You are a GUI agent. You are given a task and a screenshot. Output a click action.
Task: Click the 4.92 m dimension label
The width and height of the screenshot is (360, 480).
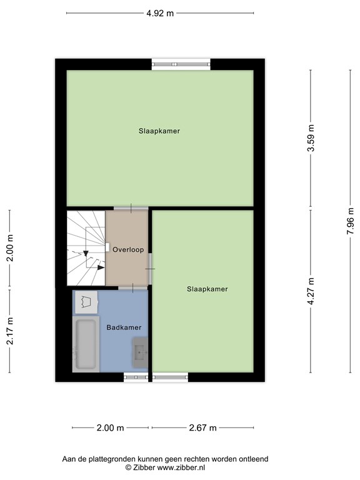click(x=160, y=13)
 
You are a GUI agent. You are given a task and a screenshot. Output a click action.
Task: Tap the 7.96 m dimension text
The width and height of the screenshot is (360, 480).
click(x=350, y=221)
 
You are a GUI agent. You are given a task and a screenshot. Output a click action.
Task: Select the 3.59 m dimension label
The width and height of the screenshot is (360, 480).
click(x=311, y=138)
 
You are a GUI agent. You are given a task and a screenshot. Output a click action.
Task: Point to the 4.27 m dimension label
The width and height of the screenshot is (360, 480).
click(x=311, y=291)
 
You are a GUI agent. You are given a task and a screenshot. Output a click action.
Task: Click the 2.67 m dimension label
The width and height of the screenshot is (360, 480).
click(x=202, y=427)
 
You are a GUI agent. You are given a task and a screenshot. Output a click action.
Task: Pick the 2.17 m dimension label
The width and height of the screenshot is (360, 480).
click(x=10, y=331)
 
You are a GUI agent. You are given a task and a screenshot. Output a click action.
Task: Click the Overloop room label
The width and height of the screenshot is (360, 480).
click(x=128, y=249)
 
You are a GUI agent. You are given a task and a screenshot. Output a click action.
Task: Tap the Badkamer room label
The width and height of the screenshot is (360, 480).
click(x=124, y=327)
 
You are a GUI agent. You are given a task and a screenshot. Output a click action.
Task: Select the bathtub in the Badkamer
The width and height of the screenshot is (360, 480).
click(x=86, y=344)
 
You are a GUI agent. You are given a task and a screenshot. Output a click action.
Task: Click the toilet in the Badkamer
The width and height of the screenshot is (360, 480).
click(x=87, y=302)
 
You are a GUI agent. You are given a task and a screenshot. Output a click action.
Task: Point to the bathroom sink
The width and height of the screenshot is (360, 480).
click(x=140, y=352)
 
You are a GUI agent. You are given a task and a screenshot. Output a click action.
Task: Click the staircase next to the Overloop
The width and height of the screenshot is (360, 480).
click(x=86, y=248)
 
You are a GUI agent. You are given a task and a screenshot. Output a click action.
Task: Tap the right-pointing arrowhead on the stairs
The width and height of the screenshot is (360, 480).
click(x=101, y=267)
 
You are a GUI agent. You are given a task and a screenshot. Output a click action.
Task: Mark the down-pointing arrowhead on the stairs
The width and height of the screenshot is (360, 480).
click(x=86, y=254)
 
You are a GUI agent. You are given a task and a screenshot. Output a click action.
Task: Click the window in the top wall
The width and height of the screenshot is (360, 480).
click(x=181, y=64)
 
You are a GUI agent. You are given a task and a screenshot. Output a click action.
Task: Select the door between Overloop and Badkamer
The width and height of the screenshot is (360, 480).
click(x=133, y=287)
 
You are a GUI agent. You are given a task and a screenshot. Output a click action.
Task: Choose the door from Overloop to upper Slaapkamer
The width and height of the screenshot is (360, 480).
click(x=131, y=209)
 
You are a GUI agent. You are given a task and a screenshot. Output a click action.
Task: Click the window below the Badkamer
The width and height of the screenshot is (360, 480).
click(x=136, y=377)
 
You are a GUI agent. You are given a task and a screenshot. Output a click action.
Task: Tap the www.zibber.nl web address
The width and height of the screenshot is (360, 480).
click(x=181, y=467)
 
